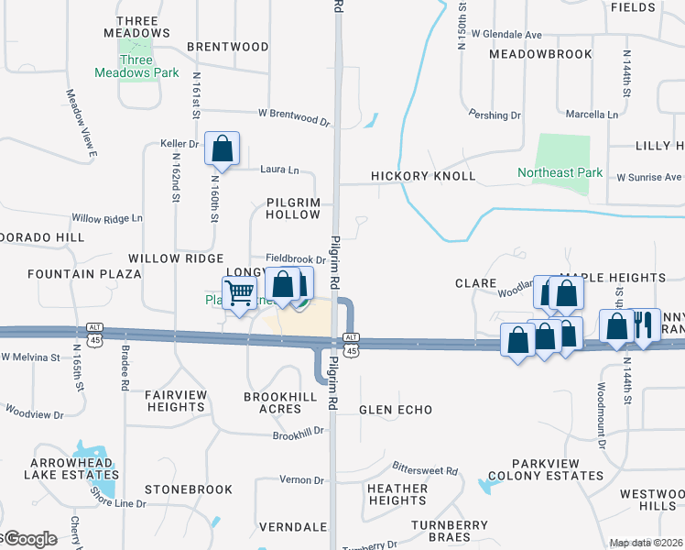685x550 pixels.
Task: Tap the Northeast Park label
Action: (560, 172)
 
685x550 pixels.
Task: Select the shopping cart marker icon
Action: (239, 293)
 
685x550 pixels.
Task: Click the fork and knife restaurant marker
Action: (644, 325)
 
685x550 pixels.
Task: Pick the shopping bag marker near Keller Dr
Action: (222, 148)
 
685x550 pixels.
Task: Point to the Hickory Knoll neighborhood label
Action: (423, 176)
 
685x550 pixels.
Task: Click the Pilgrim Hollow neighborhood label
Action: (293, 207)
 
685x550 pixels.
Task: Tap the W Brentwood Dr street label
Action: (293, 117)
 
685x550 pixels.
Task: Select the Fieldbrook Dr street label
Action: (296, 259)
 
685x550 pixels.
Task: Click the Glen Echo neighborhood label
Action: (396, 410)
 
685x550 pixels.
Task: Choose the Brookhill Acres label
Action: (280, 402)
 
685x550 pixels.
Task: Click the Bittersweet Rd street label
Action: (424, 469)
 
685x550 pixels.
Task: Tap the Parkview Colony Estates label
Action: (545, 469)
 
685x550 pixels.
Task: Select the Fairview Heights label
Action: (180, 401)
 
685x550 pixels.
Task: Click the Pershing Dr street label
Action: (495, 116)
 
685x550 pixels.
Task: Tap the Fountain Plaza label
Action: (84, 274)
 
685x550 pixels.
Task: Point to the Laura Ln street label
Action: (280, 170)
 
